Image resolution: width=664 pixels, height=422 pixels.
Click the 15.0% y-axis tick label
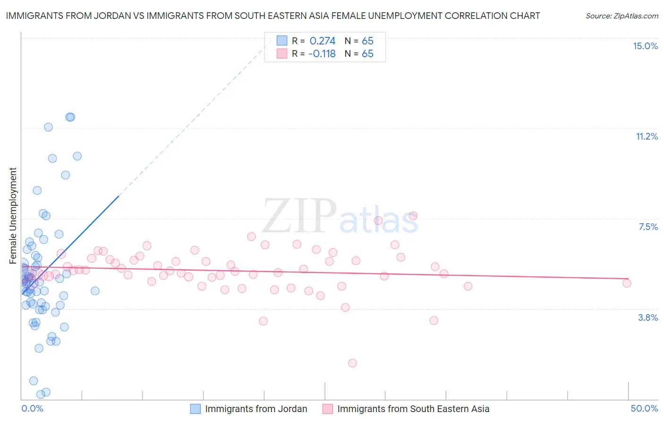(645, 46)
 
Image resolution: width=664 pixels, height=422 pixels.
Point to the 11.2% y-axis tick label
(647, 136)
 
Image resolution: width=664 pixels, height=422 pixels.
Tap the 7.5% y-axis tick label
(648, 227)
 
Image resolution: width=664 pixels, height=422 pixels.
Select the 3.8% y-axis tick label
(648, 317)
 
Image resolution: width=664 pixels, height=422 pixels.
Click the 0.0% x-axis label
(32, 408)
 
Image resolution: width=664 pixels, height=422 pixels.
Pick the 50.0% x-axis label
(644, 408)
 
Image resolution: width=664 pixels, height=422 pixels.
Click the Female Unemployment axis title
(13, 216)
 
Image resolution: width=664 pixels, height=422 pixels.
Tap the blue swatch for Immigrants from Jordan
(196, 409)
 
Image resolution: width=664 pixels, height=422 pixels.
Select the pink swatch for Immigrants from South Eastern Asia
(328, 409)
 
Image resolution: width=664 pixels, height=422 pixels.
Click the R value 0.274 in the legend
(322, 41)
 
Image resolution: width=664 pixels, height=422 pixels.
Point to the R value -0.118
(322, 54)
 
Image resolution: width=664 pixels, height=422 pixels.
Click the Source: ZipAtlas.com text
(621, 16)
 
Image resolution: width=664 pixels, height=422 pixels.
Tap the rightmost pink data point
(627, 283)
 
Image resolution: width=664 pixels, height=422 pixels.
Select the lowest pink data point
(352, 363)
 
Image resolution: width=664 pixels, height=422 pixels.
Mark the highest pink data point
(413, 216)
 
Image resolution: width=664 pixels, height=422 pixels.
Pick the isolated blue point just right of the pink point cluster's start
(95, 291)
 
